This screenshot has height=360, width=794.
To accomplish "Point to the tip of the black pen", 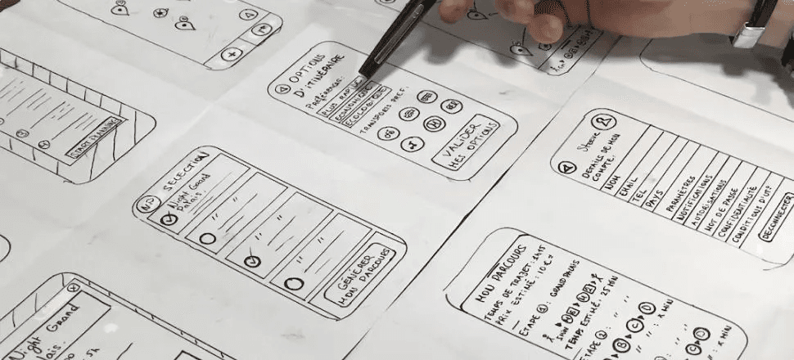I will pyautogui.click(x=362, y=79).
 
